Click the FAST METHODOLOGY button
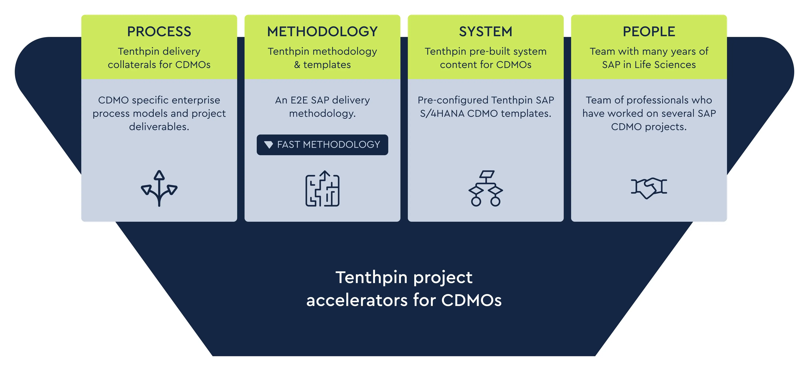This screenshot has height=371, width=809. tap(322, 144)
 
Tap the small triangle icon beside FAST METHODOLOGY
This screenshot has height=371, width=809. tap(269, 144)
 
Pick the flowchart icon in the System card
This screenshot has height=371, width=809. tap(486, 188)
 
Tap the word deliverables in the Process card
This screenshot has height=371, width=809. tap(159, 127)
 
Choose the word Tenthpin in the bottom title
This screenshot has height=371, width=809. tap(371, 277)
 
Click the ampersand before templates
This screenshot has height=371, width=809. tap(297, 65)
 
